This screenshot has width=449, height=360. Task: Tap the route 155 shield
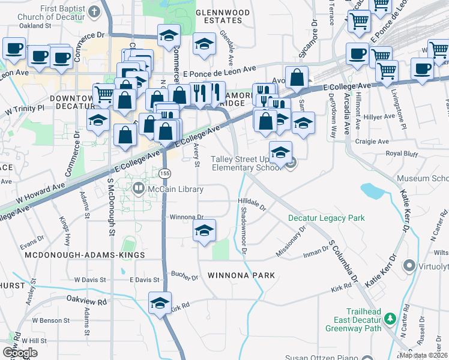(164, 173)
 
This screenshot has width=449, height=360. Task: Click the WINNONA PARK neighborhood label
(241, 275)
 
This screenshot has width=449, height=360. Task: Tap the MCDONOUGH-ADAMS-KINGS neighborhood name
(85, 256)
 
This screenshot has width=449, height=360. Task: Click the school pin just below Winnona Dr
(204, 230)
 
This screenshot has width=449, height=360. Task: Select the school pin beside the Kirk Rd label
(160, 303)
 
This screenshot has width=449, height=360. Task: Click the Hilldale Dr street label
(252, 203)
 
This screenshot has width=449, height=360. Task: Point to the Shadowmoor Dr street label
(243, 229)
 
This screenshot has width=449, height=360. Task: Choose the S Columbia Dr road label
(343, 263)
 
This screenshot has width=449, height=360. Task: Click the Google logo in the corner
(20, 353)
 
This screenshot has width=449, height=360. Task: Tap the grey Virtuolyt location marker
(409, 265)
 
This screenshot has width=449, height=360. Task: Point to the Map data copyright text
(423, 355)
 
